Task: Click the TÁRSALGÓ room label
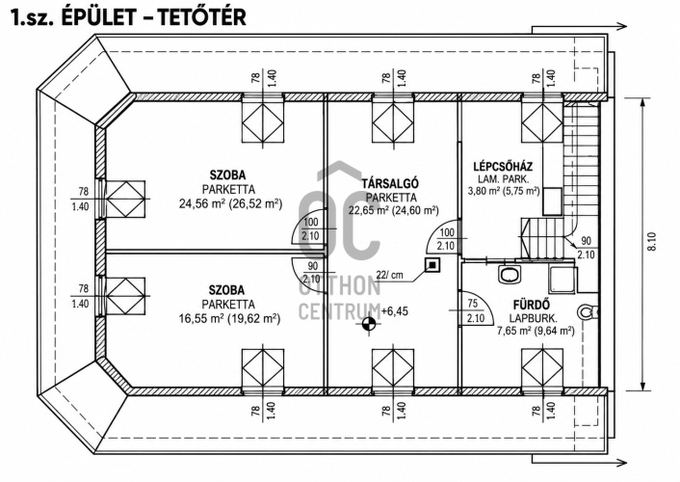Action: [x=390, y=183]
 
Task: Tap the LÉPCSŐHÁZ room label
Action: [x=503, y=167]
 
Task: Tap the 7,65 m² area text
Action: [x=514, y=331]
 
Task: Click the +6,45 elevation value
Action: [x=395, y=311]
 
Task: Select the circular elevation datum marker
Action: [x=370, y=323]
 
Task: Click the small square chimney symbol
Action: [x=432, y=264]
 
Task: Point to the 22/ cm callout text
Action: [x=389, y=275]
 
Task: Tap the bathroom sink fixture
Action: [x=510, y=274]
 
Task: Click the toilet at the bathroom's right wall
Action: [x=588, y=311]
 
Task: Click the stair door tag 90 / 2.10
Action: [x=586, y=248]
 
